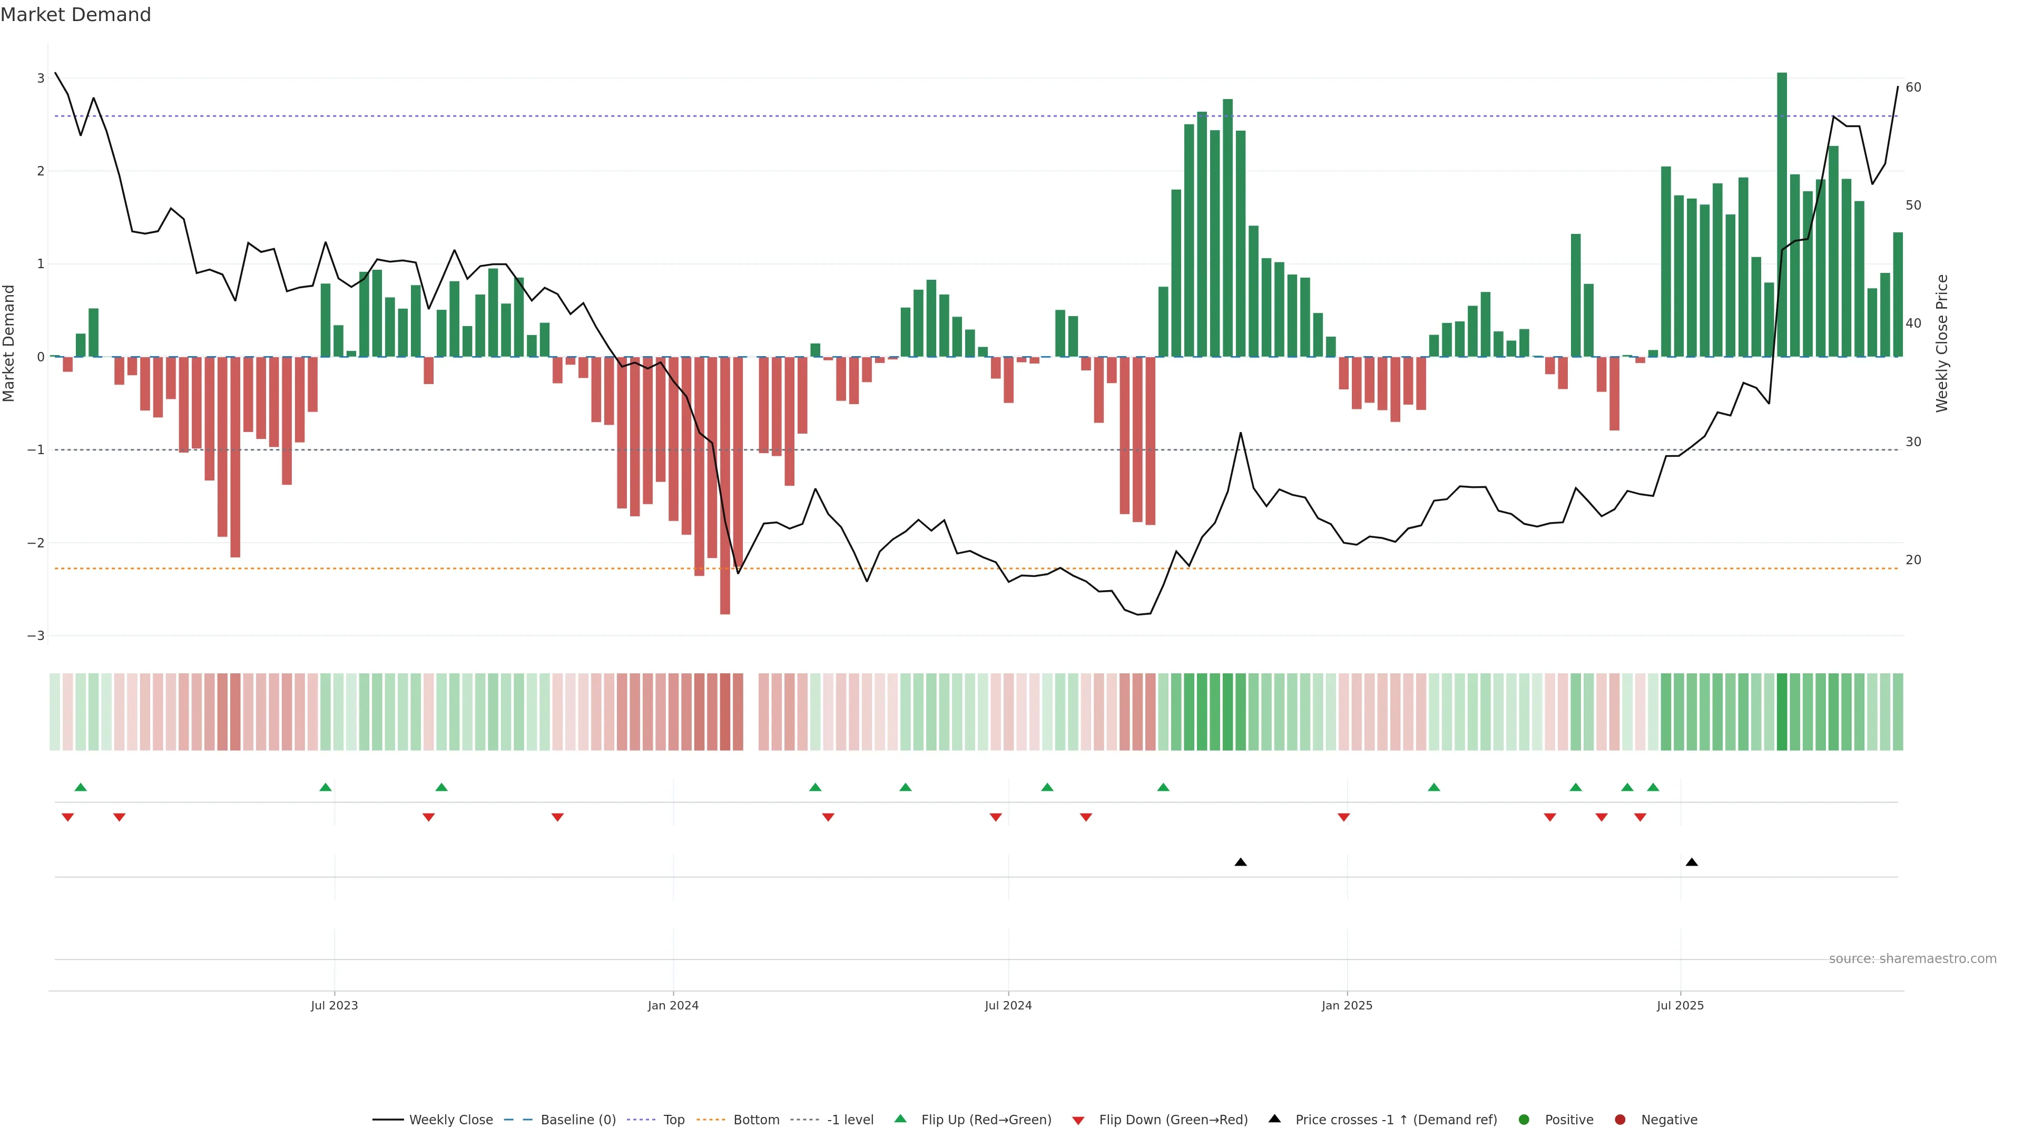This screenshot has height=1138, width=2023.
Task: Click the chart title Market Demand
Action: pos(75,15)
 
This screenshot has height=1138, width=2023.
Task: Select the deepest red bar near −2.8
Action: pos(725,487)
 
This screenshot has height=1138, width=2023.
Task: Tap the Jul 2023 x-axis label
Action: pos(334,1005)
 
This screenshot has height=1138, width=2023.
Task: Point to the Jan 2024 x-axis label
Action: pos(673,1005)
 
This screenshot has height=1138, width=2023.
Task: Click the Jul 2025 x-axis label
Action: pos(1680,1005)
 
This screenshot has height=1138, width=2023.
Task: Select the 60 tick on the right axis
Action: pos(1913,87)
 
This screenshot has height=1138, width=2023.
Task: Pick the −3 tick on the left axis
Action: pos(36,635)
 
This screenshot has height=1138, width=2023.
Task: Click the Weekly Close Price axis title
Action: pos(1941,343)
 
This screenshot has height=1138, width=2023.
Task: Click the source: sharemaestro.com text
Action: pos(1912,959)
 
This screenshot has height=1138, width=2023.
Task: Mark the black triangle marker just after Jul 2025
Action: pos(1692,862)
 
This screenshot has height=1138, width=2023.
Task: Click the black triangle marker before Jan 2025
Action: pos(1241,862)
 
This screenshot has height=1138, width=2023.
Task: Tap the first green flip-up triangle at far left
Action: pos(80,787)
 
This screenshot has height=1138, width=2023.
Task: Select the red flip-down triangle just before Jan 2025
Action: pos(1344,818)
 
